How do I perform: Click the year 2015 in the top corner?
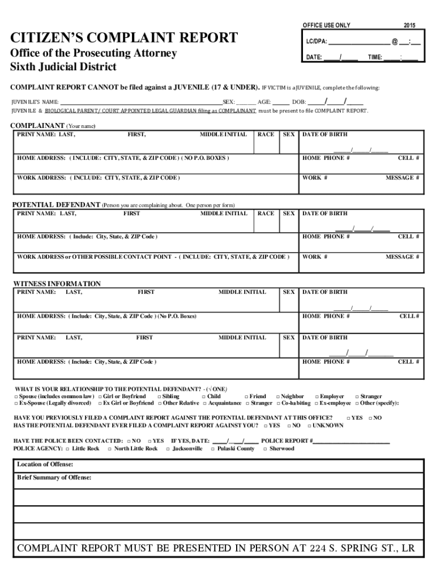coord(409,25)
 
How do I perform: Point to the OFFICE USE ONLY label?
coord(327,25)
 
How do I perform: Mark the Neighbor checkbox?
coord(278,397)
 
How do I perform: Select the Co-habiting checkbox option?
coord(278,404)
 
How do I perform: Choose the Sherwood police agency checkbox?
coord(265,449)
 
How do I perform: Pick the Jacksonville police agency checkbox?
coord(168,449)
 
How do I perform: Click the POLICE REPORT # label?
coord(287,441)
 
